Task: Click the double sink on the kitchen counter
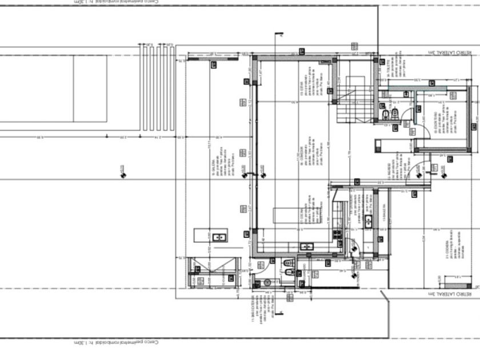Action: tap(307, 246)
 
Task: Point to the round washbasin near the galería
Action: tap(267, 282)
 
